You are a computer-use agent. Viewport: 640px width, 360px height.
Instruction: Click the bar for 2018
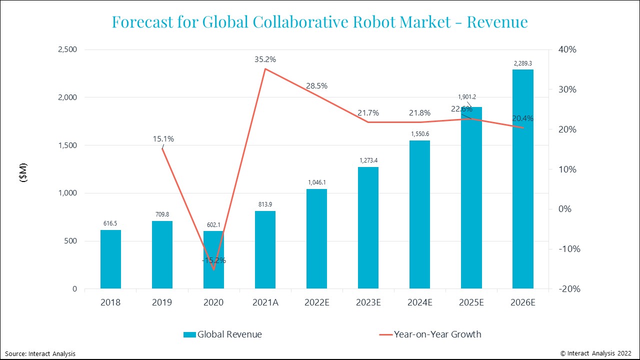tap(110, 259)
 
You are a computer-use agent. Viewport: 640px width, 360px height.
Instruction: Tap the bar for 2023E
tap(368, 228)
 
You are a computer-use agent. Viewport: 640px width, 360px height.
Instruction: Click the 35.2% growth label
tap(265, 59)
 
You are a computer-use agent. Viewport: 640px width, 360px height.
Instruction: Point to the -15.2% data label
tap(214, 260)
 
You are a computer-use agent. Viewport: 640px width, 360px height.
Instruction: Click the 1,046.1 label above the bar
tap(316, 182)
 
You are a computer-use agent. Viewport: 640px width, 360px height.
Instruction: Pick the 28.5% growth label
tap(316, 86)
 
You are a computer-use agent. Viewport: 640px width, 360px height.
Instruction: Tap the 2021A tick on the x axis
tap(265, 302)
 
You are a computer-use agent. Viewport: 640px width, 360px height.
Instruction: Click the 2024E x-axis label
tap(419, 302)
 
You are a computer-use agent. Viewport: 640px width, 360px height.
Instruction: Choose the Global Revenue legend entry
tap(222, 334)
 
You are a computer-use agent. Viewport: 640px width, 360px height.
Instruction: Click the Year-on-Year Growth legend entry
tap(429, 334)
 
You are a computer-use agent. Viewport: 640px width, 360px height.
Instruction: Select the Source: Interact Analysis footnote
tap(40, 353)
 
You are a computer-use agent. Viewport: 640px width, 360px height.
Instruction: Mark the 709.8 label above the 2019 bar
tap(162, 214)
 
